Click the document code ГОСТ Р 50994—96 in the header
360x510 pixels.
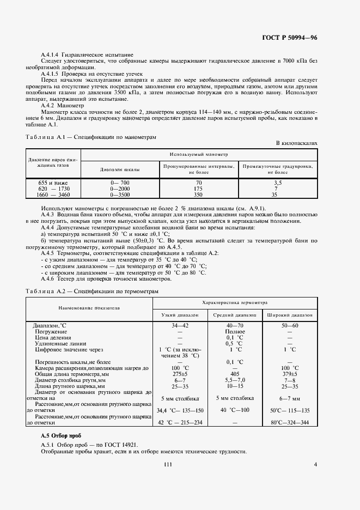point(289,38)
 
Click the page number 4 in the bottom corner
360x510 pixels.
point(315,464)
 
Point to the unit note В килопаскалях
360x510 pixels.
point(296,143)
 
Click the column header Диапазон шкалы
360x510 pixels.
point(120,169)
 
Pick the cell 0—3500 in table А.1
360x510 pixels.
point(120,194)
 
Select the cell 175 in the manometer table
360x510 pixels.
point(199,189)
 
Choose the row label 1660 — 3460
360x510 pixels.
point(53,194)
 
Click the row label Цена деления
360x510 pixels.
point(51,337)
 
